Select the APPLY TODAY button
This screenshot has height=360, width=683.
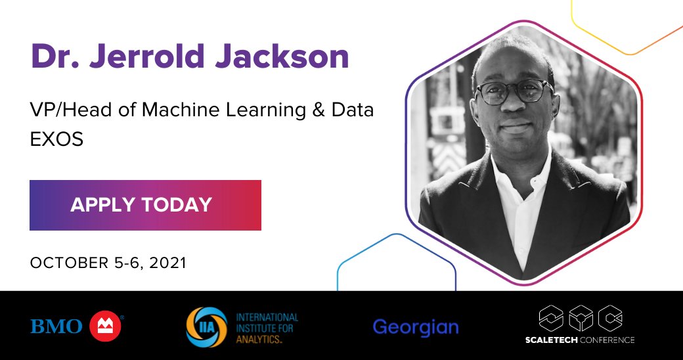coord(145,205)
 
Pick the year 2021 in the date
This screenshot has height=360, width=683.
coord(168,263)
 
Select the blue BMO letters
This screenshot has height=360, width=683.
coord(56,326)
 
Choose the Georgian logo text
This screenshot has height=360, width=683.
coord(416,327)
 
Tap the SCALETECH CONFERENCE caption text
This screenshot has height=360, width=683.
coord(579,340)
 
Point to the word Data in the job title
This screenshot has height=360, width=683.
coord(355,110)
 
